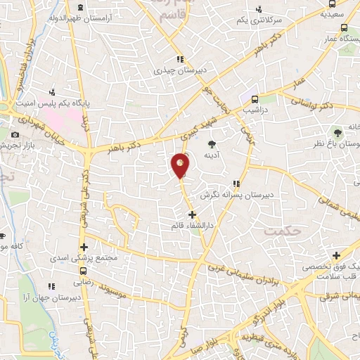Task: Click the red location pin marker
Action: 180,165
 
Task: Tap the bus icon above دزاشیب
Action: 255,99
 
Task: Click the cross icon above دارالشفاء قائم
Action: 191,214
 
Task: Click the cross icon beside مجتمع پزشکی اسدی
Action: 84,247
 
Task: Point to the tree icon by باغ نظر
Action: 337,131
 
